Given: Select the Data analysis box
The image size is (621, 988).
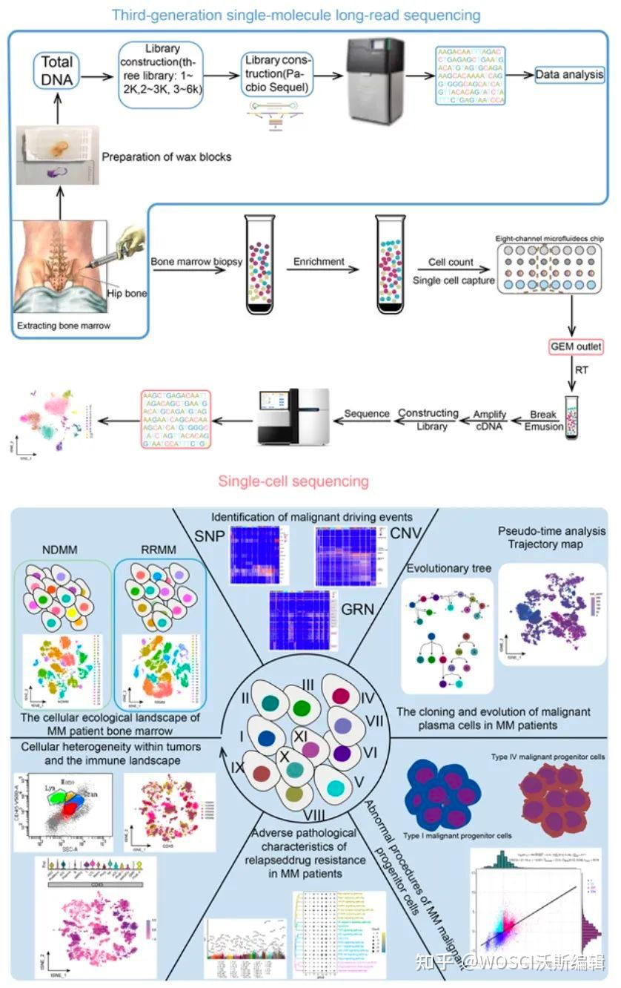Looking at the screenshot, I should (569, 75).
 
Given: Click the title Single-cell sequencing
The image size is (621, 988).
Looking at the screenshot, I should (293, 481).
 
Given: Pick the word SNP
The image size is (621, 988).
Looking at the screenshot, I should (207, 536).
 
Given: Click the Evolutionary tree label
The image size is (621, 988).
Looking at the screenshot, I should (448, 568).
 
